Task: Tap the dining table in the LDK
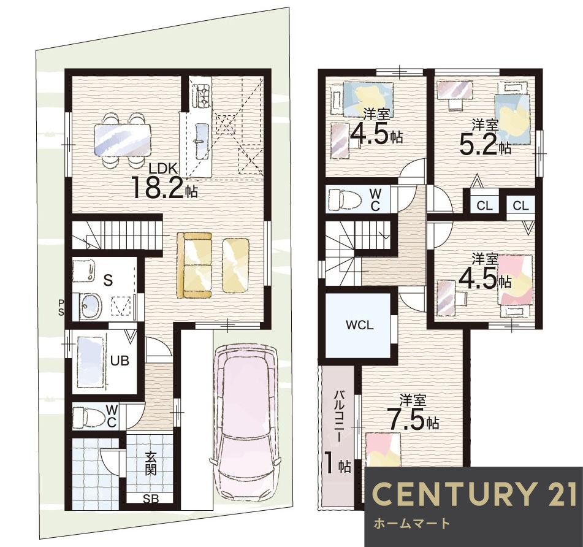pos(123,140)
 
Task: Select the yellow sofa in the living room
pos(194,265)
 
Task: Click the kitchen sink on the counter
pos(201,140)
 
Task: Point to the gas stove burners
pos(201,94)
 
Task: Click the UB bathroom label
pos(120,361)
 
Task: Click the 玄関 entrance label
pos(150,464)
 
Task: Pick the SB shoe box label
pos(151,499)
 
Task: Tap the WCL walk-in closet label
pos(359,325)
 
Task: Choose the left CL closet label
pos(484,205)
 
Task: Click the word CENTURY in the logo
pos(452,494)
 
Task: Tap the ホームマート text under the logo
pos(411,524)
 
